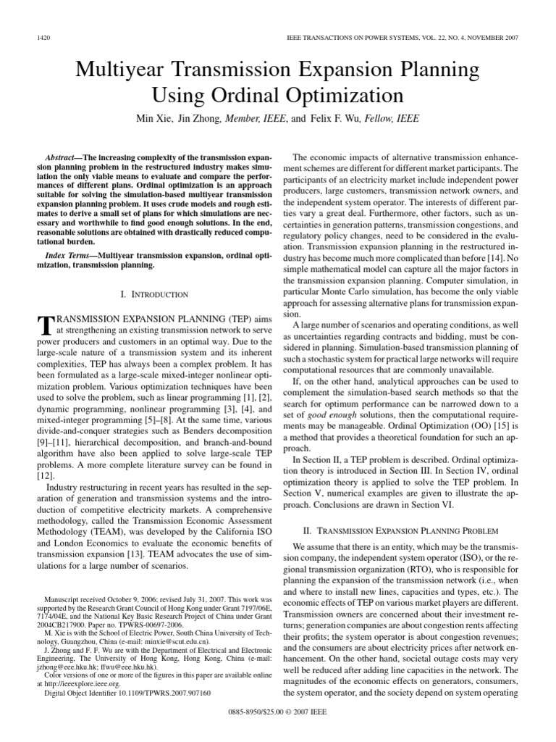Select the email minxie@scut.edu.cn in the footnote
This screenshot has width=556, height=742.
153,641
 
